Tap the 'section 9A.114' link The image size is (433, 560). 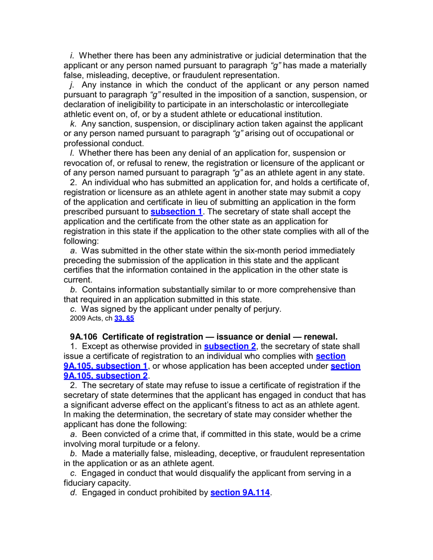tap(240, 493)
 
